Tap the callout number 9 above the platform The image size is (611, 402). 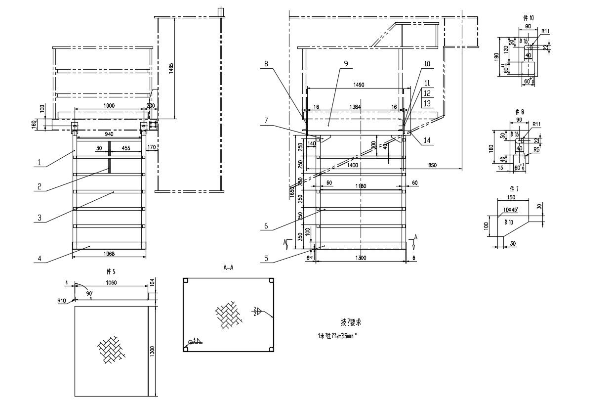[x=346, y=63]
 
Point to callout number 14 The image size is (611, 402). [x=427, y=140]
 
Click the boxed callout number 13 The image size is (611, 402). [x=427, y=103]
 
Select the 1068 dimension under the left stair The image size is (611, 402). [x=109, y=254]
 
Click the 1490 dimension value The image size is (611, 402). [x=359, y=85]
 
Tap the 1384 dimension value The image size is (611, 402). [x=355, y=107]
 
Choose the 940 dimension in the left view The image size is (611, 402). [x=109, y=134]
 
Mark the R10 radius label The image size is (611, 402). [x=61, y=300]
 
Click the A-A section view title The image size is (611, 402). [x=228, y=268]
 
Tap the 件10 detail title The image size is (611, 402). [x=528, y=17]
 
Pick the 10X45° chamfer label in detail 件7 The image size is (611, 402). [x=510, y=209]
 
